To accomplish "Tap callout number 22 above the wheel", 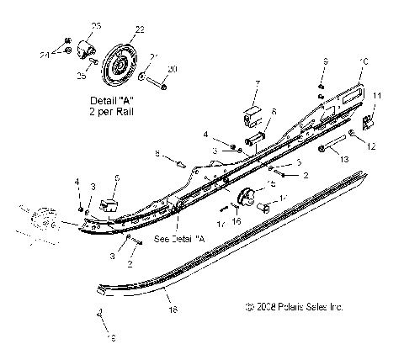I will click(139, 29).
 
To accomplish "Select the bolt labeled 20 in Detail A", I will click(164, 85).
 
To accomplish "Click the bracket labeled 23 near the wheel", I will click(84, 46).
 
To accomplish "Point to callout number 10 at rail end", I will click(364, 61).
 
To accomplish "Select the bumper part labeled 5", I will click(110, 204).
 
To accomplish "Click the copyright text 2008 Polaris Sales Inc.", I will click(294, 307).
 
